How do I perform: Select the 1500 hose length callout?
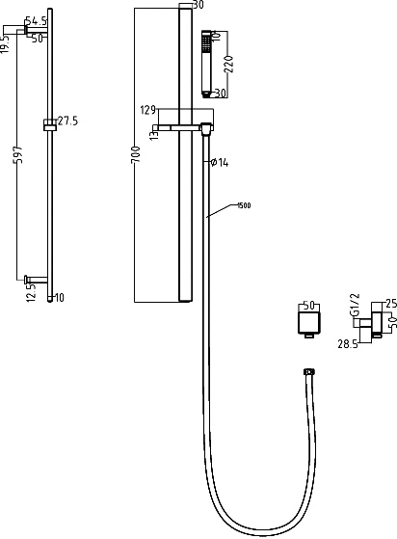[245, 205]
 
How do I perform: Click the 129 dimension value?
[148, 110]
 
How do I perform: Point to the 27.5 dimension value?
[67, 121]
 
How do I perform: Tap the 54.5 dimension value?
[36, 19]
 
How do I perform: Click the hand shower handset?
[206, 62]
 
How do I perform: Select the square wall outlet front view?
[307, 323]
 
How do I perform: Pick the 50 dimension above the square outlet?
[309, 305]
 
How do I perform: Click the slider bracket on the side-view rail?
[49, 125]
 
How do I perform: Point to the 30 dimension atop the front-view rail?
[198, 5]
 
